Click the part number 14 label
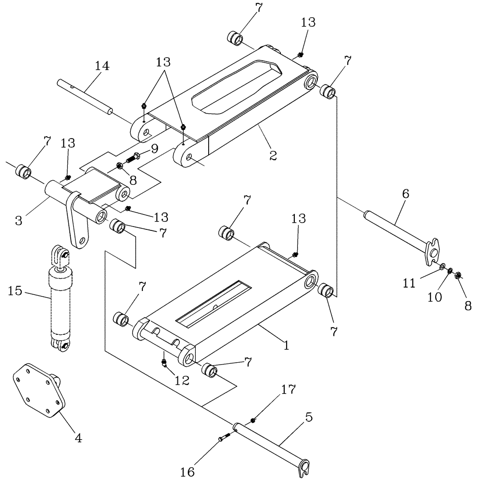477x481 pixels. point(101,66)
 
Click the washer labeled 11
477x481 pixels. point(441,266)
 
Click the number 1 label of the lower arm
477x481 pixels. point(287,345)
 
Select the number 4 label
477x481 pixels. point(77,438)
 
